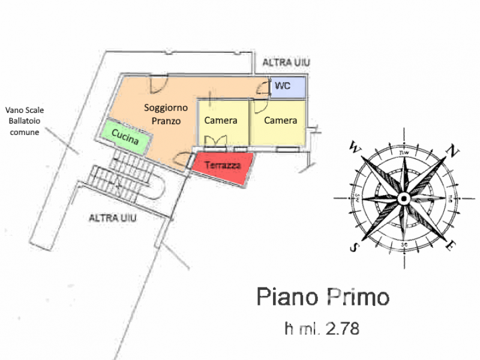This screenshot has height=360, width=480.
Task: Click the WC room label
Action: [x=282, y=86]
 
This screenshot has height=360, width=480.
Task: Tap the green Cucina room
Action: [x=125, y=137]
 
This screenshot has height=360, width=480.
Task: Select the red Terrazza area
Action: [x=222, y=166]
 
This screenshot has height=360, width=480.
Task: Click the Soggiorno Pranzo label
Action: [x=166, y=114]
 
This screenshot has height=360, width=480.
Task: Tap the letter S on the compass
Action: [x=355, y=247]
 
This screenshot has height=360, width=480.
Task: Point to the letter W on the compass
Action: [x=354, y=146]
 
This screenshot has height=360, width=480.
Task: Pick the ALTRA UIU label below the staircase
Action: [x=113, y=218]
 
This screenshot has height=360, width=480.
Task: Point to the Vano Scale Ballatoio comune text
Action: [x=25, y=121]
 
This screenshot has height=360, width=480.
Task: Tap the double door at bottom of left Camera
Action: [x=215, y=142]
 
